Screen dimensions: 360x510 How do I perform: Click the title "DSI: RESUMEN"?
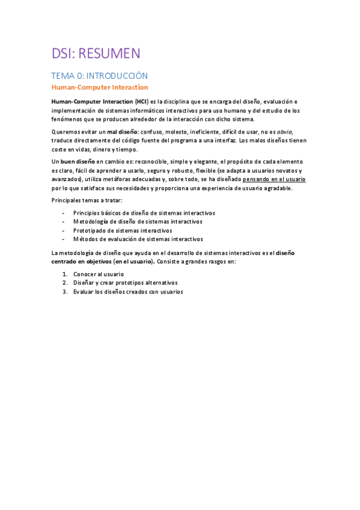(96, 54)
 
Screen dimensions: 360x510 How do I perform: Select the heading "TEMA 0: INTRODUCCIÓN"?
(99, 76)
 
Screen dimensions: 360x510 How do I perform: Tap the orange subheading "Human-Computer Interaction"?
(99, 87)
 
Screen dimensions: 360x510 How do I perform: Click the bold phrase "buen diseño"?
(78, 162)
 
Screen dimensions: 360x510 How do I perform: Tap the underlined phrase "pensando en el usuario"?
(274, 179)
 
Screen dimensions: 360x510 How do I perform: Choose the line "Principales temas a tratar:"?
(87, 200)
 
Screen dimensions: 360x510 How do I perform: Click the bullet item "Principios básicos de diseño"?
(144, 213)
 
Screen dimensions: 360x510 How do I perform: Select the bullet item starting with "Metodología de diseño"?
(137, 221)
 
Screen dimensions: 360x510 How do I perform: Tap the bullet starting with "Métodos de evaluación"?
(138, 239)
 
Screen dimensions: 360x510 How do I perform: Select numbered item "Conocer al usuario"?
(98, 274)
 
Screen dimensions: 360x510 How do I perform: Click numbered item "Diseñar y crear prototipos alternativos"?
(125, 283)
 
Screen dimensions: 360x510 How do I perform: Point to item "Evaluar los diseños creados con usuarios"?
(127, 292)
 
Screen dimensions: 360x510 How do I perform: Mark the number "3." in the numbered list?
(64, 292)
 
